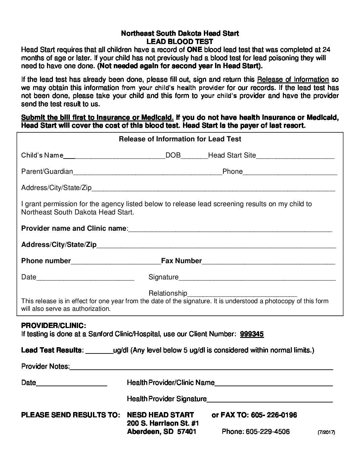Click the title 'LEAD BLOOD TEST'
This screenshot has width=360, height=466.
(x=180, y=41)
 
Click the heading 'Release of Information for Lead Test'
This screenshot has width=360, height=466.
(x=180, y=139)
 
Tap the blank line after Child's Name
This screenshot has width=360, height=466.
(x=114, y=156)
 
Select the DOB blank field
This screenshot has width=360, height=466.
(x=194, y=156)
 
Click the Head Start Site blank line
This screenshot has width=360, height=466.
(x=295, y=156)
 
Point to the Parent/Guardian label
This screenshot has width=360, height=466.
(x=47, y=171)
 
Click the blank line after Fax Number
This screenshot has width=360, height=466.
(x=268, y=262)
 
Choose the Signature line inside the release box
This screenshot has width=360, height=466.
(x=257, y=278)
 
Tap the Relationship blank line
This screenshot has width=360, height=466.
(x=242, y=294)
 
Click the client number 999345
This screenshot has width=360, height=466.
(x=252, y=334)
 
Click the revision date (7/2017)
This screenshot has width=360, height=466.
(x=326, y=432)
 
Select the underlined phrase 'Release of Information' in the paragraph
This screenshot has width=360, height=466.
(x=293, y=79)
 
